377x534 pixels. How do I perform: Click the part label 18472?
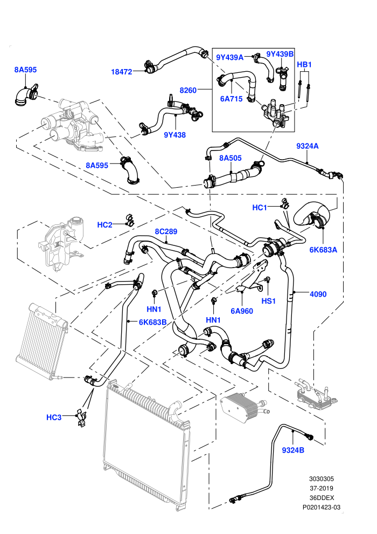[121, 72]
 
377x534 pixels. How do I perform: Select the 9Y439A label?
[230, 57]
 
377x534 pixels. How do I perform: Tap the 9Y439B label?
[280, 54]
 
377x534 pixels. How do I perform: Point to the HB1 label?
[304, 64]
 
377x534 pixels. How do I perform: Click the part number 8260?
[188, 90]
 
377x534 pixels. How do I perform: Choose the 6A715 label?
[232, 99]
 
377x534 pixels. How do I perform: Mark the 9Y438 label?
[174, 135]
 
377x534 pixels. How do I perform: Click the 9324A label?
[308, 146]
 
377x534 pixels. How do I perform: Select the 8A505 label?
[231, 158]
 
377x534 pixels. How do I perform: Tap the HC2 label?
[104, 225]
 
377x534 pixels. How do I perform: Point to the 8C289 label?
[166, 231]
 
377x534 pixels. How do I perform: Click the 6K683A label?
[323, 250]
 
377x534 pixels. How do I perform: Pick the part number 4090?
[318, 294]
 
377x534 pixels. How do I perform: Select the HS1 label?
[269, 301]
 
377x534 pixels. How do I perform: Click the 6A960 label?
[242, 311]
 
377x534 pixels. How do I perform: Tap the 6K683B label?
[152, 322]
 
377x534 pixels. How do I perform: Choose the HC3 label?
[54, 417]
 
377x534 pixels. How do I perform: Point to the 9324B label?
[293, 450]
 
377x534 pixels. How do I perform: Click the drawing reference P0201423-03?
[322, 507]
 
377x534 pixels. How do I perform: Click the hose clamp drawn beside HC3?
[81, 417]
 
